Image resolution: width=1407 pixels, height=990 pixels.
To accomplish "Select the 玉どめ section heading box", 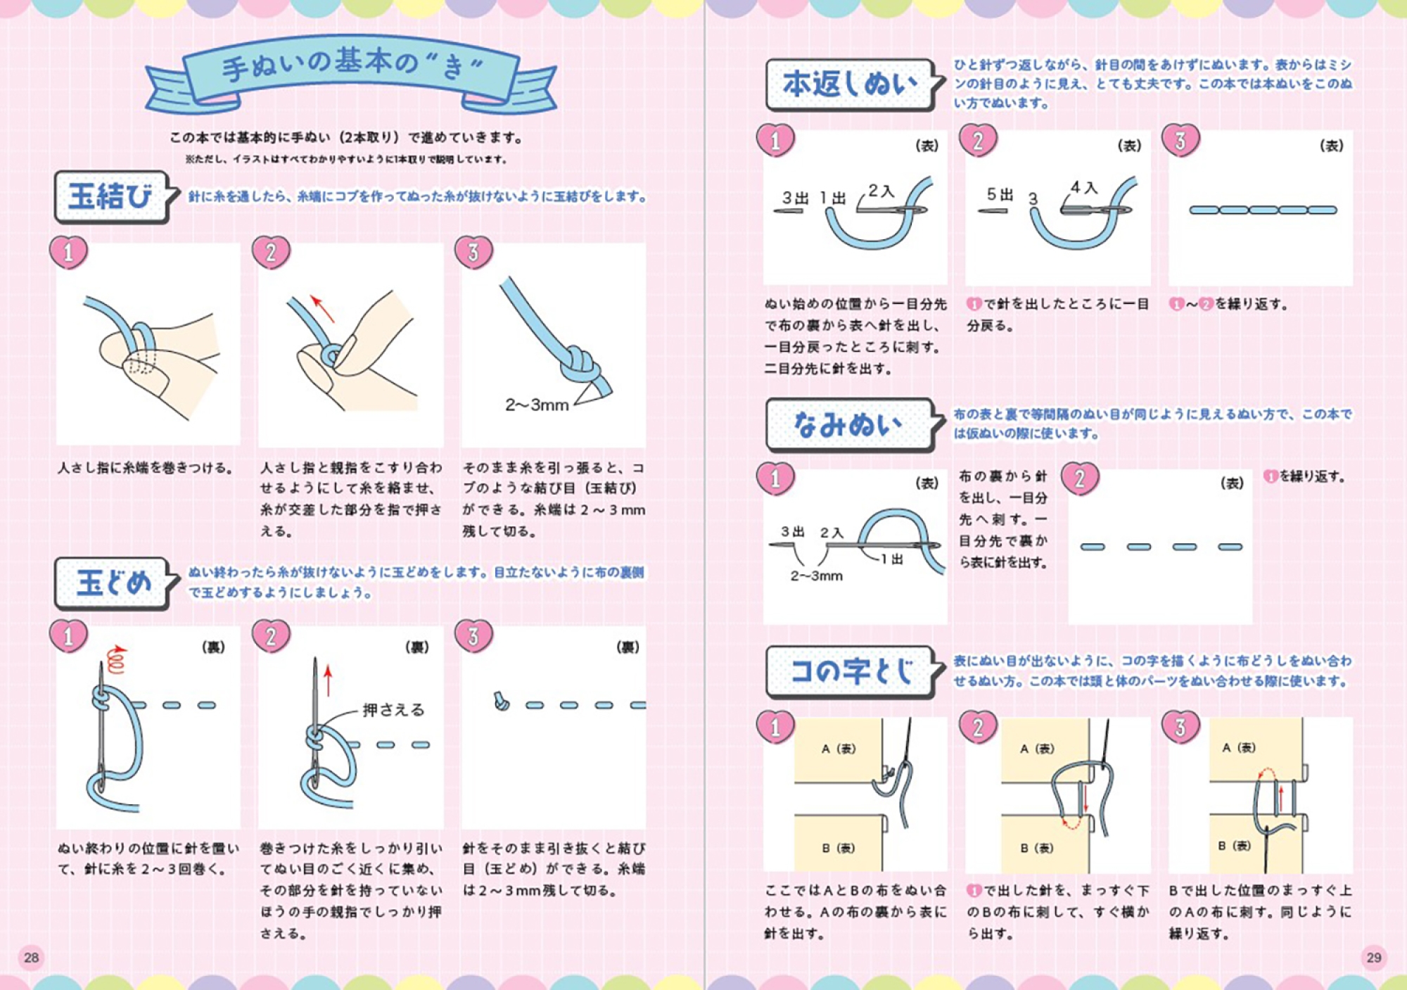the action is point(113,583).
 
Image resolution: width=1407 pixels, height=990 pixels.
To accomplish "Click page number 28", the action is point(31,957).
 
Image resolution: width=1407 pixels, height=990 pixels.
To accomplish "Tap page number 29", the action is point(1373,957).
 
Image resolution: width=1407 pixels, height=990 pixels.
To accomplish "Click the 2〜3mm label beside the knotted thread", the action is point(537,405).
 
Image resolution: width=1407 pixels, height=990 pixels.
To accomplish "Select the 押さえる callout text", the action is point(394,709).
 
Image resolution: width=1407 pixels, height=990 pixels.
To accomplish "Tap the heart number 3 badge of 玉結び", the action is point(473,252).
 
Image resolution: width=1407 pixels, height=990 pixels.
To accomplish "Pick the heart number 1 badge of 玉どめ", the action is point(68,636).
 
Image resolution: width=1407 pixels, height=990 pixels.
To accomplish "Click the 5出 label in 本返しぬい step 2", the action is point(1000,194).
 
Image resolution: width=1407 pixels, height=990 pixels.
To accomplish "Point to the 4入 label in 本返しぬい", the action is point(1084,187).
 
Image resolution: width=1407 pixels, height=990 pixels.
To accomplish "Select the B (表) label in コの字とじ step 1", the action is point(839,848).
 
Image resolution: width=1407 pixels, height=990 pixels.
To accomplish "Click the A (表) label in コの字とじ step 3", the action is point(1238,747).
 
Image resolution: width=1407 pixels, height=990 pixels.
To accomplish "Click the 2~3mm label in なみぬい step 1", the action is point(816,576).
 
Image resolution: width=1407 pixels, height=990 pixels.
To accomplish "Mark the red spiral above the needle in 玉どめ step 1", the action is point(116,659).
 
